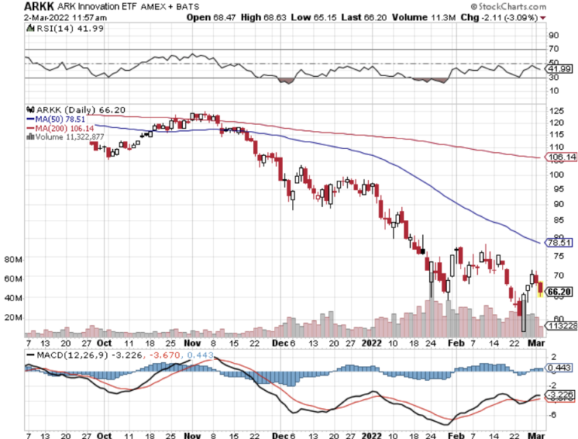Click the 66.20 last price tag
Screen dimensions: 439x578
tap(557, 291)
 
